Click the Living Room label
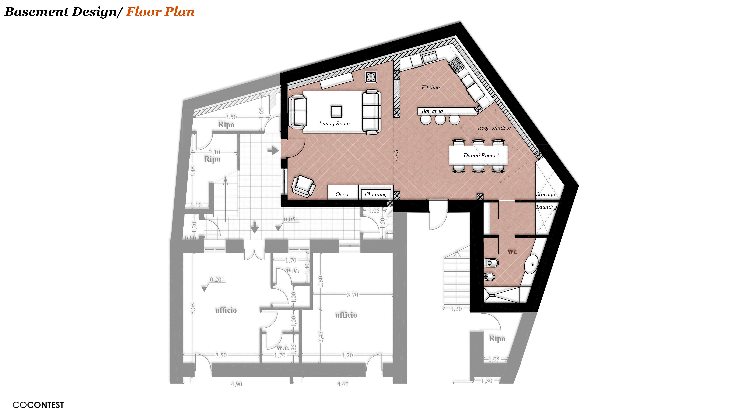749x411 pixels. pos(334,123)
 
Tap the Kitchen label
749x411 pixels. pos(430,87)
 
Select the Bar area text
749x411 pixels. pos(432,111)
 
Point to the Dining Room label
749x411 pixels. pos(479,155)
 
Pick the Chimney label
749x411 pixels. pos(375,194)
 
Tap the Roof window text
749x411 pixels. pos(494,128)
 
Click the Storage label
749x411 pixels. pos(545,194)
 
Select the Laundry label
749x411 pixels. pos(546,207)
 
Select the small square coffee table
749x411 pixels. pos(336,111)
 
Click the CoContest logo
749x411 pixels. pos(38,405)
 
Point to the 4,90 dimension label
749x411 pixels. pos(236,384)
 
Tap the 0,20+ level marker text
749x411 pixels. pos(217,280)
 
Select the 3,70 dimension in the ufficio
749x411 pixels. pos(352,295)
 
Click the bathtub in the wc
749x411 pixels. pos(531,265)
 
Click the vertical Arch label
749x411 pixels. pos(396,156)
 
